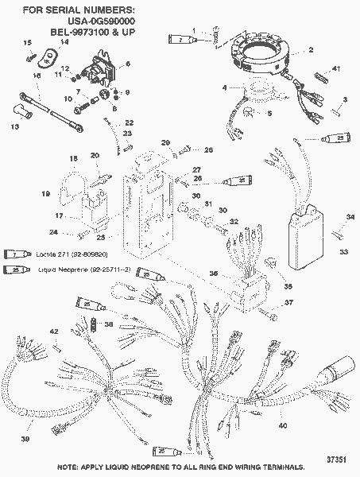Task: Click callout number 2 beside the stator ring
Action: (x=311, y=49)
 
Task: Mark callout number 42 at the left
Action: (x=54, y=331)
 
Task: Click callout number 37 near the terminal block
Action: (x=289, y=302)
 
